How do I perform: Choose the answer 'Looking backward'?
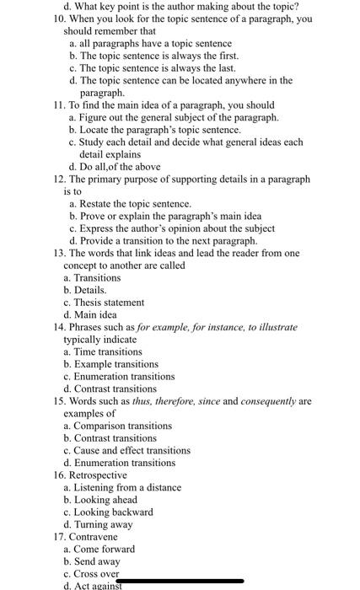click(113, 512)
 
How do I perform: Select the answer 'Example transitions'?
click(116, 364)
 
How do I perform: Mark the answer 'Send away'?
click(97, 561)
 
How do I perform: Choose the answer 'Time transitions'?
click(108, 351)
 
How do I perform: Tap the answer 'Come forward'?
click(104, 549)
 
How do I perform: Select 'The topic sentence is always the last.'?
click(145, 67)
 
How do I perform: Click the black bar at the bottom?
click(181, 581)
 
